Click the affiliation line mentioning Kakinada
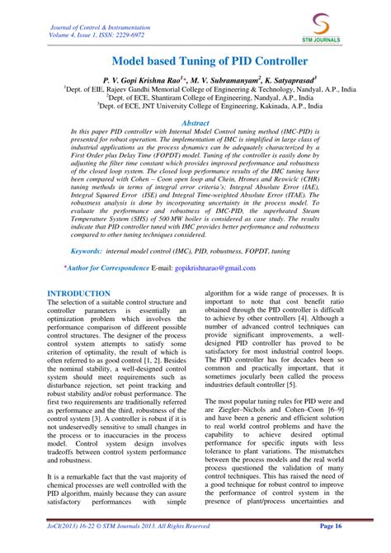[x=195, y=105]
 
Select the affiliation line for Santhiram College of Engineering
[x=195, y=95]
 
